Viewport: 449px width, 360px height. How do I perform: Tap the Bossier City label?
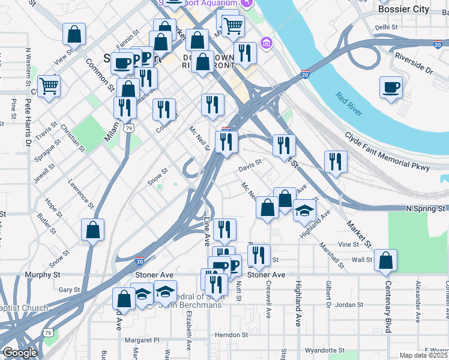[403, 9]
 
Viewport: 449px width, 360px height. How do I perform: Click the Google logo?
[20, 353]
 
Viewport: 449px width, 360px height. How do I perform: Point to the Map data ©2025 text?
[423, 355]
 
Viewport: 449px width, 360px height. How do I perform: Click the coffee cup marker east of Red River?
[391, 88]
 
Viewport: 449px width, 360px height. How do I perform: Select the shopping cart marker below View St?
[49, 86]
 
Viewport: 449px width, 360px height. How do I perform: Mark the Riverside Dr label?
[414, 63]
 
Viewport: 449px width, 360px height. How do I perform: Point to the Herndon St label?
[232, 335]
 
